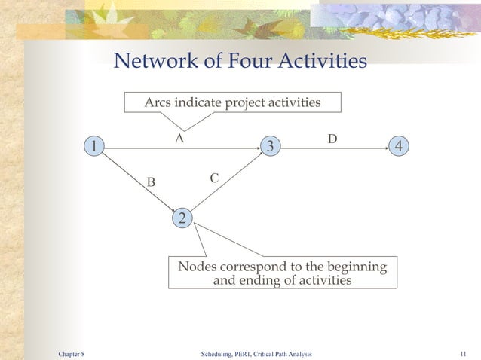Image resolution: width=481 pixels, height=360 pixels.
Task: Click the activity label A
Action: [179, 139]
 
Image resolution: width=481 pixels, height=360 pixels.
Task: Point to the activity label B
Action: [151, 182]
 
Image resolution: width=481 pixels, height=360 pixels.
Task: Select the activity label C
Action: [214, 178]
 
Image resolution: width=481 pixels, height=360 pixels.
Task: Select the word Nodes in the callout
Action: [198, 267]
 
